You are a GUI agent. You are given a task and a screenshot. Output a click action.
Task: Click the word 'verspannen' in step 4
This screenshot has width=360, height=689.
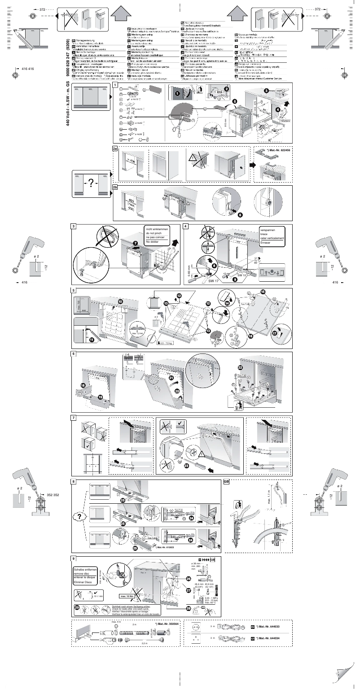pos(268,229)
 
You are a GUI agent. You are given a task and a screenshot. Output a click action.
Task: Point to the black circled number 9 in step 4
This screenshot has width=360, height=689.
pos(234,279)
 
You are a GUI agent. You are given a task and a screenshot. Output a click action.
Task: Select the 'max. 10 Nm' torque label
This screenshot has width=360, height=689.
pos(126,596)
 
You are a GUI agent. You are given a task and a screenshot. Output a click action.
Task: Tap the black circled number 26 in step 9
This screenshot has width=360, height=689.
pos(189,579)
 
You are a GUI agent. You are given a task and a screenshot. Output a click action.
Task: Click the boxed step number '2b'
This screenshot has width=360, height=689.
pos(115,188)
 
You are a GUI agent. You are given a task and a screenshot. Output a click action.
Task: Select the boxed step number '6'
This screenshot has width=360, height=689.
pos(73,354)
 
